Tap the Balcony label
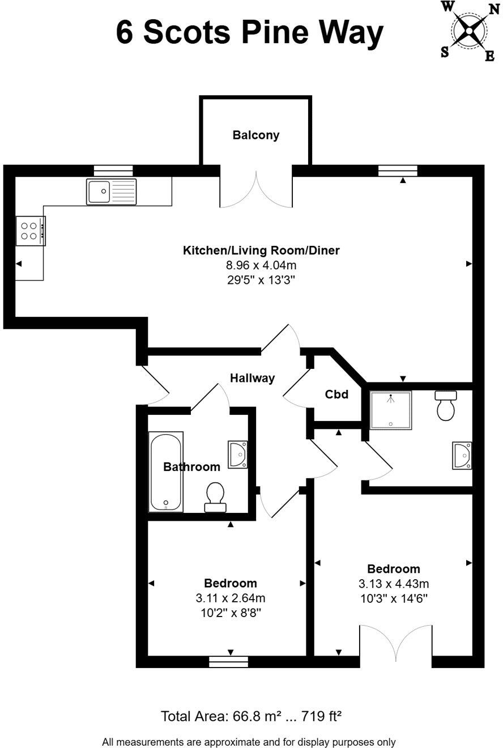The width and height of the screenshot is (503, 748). point(256,135)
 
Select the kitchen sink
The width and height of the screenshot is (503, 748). point(112,191)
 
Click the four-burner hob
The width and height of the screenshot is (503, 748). point(31,231)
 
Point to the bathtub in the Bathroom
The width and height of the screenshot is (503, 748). point(165,471)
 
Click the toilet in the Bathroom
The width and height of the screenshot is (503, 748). point(215,496)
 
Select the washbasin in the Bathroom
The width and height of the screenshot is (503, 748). point(238,454)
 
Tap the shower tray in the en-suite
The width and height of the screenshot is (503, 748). point(390,409)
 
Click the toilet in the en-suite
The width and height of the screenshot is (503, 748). point(447,406)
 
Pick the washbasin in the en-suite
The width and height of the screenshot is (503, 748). point(462,456)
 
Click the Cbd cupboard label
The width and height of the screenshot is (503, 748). point(336,394)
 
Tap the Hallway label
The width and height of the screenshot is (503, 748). point(252,378)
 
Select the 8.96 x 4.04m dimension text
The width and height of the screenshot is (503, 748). point(261,265)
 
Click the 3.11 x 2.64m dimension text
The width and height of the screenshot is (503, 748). point(230,597)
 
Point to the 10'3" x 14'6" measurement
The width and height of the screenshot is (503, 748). point(393,598)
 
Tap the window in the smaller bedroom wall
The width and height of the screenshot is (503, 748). point(228,661)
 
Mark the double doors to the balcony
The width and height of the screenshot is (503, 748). point(256,190)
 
